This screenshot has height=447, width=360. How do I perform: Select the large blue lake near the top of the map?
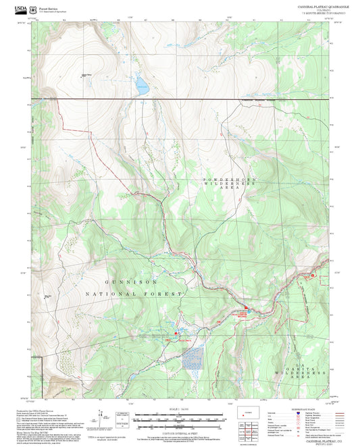(141, 86)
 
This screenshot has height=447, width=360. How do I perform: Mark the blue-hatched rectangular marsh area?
(192, 358)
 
